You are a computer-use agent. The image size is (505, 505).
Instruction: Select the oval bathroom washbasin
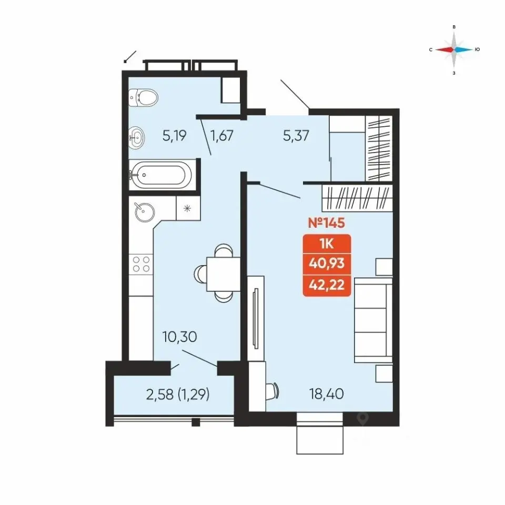137,137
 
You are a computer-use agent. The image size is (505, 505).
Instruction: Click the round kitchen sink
144,212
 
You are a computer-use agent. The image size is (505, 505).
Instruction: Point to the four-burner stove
141,264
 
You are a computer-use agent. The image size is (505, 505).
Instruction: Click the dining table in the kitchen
223,274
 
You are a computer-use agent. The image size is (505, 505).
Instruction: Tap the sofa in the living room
373,321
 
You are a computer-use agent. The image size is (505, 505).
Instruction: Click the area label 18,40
327,394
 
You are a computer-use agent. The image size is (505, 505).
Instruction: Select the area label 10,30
180,337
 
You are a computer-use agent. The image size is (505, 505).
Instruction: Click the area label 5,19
175,136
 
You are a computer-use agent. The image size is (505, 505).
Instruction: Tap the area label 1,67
221,136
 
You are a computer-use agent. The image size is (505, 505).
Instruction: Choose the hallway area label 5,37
296,136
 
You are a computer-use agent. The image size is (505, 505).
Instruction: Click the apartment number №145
327,223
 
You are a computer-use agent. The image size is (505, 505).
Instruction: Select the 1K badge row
327,244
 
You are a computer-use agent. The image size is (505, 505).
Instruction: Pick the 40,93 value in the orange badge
327,264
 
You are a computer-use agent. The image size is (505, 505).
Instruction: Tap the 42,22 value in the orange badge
327,285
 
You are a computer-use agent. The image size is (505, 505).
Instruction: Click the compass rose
454,49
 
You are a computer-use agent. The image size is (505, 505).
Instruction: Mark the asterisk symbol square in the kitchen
187,208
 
